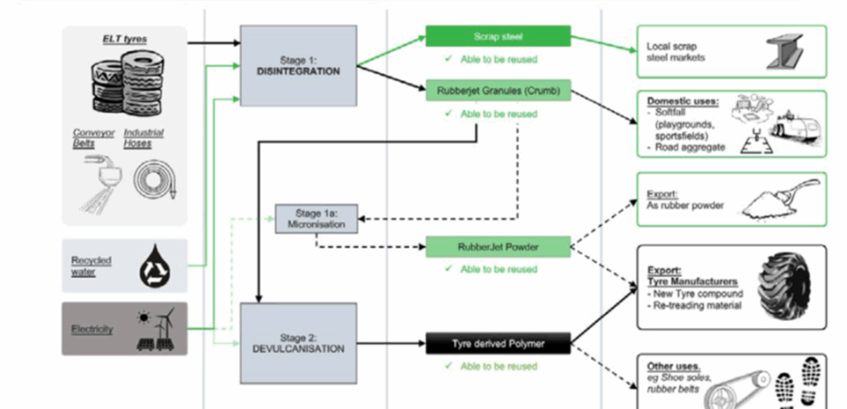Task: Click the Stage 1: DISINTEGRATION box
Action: coord(298,65)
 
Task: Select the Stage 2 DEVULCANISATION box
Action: coord(298,344)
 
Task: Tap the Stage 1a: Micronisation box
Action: coord(315,218)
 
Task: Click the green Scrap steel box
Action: coord(498,36)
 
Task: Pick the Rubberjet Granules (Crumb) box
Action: coord(498,89)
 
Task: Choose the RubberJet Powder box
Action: coord(498,246)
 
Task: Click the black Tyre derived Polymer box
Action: coord(498,343)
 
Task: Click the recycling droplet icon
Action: coord(151,266)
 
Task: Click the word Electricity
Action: coord(91,330)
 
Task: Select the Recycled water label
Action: coord(91,266)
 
